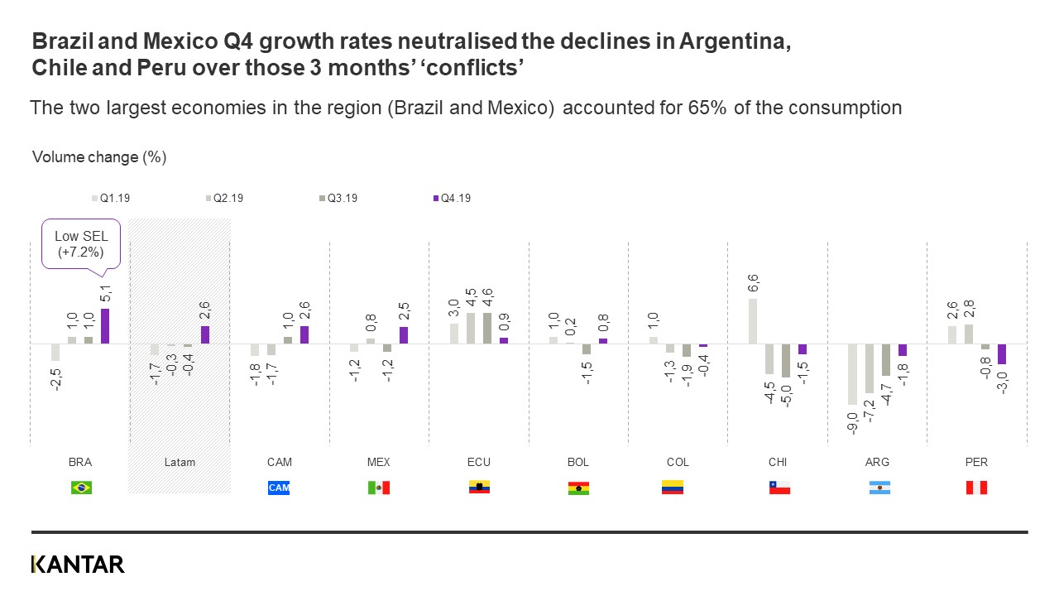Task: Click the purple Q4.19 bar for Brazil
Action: pyautogui.click(x=105, y=326)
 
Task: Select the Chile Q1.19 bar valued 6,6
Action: pyautogui.click(x=753, y=321)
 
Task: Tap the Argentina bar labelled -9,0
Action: pyautogui.click(x=852, y=373)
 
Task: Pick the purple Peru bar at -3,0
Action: pyautogui.click(x=1002, y=353)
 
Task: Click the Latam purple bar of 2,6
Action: pyautogui.click(x=204, y=334)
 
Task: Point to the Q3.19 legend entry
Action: pyautogui.click(x=338, y=199)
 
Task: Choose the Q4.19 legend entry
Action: pyautogui.click(x=452, y=199)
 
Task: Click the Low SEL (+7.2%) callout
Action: pyautogui.click(x=80, y=243)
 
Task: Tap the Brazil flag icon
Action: pyautogui.click(x=81, y=488)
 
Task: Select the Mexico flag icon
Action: pyautogui.click(x=378, y=488)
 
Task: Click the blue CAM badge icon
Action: pyautogui.click(x=279, y=488)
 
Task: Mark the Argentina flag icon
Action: pyautogui.click(x=879, y=488)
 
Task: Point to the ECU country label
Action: pyautogui.click(x=479, y=462)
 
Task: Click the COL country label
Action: pyautogui.click(x=678, y=462)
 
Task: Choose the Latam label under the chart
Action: pyautogui.click(x=180, y=462)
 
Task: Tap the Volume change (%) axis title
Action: pyautogui.click(x=99, y=157)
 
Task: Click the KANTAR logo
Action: pyautogui.click(x=78, y=565)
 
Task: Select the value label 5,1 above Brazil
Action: pyautogui.click(x=105, y=294)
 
